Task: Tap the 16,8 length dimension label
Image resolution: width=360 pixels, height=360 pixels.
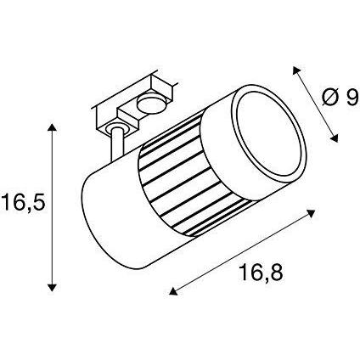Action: (261, 273)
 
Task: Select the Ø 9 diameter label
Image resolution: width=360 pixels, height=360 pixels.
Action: (340, 98)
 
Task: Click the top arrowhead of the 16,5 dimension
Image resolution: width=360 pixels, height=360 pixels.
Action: (51, 127)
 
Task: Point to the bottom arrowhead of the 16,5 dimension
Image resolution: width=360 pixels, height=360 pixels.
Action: (51, 287)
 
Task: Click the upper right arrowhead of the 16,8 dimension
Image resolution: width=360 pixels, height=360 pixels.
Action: (312, 213)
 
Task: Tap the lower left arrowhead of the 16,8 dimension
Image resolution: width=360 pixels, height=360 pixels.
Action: (173, 291)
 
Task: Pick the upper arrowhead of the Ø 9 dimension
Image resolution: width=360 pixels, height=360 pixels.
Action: (296, 70)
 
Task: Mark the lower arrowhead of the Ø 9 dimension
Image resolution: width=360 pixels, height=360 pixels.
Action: (335, 138)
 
